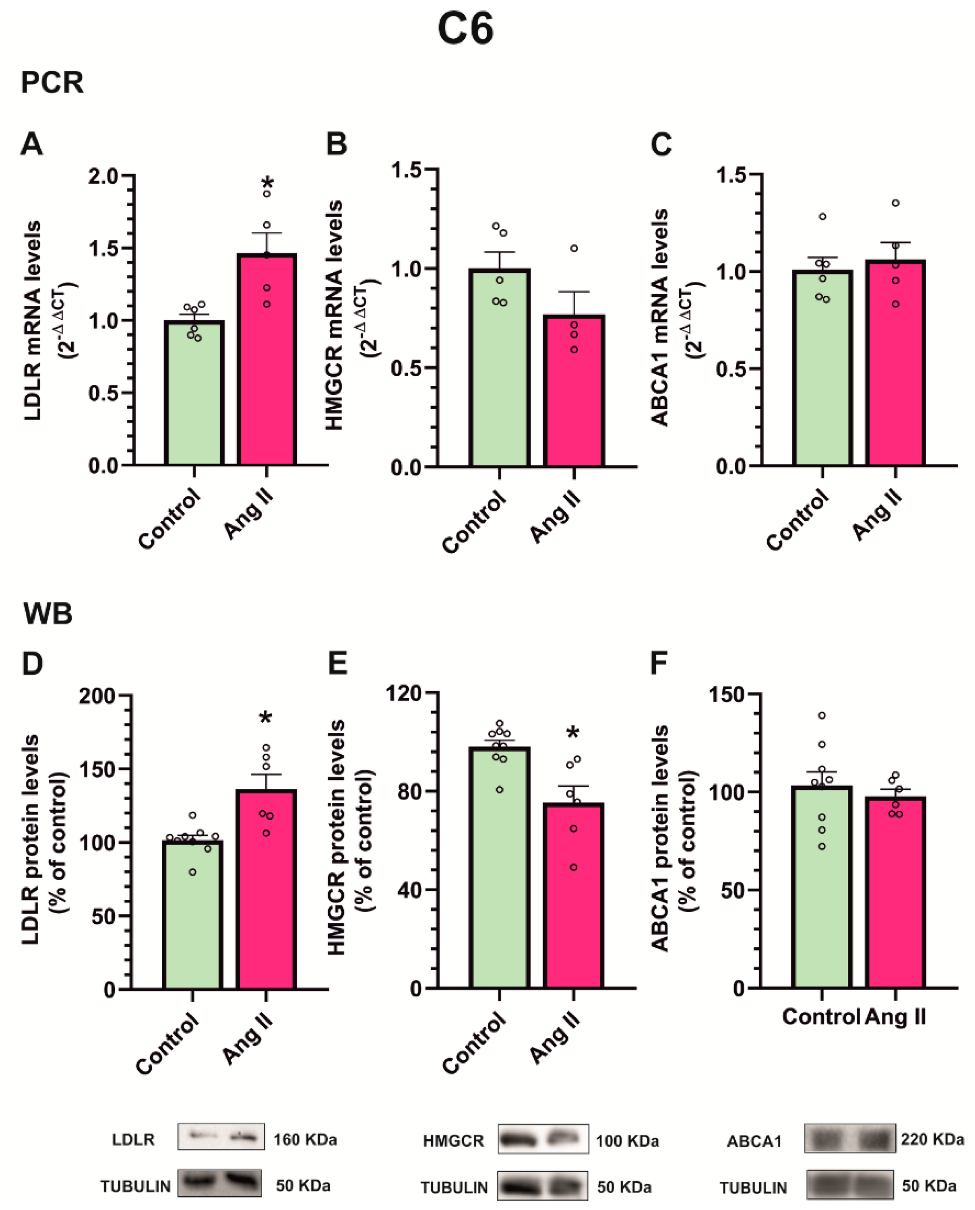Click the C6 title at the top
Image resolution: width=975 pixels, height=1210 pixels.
[466, 29]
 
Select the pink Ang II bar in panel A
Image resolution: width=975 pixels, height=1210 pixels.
[267, 365]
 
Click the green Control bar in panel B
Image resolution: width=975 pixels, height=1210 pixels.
[499, 371]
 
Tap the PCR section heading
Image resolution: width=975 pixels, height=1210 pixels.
[52, 82]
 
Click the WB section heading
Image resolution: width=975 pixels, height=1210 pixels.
[48, 614]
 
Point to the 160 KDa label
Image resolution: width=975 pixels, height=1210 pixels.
[305, 1140]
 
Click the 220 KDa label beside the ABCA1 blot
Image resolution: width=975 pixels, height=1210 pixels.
[932, 1139]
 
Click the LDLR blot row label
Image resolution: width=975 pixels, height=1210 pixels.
[133, 1140]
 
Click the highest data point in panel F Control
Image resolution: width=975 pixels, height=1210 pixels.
[822, 716]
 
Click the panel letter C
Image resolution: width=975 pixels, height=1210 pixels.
[661, 144]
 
